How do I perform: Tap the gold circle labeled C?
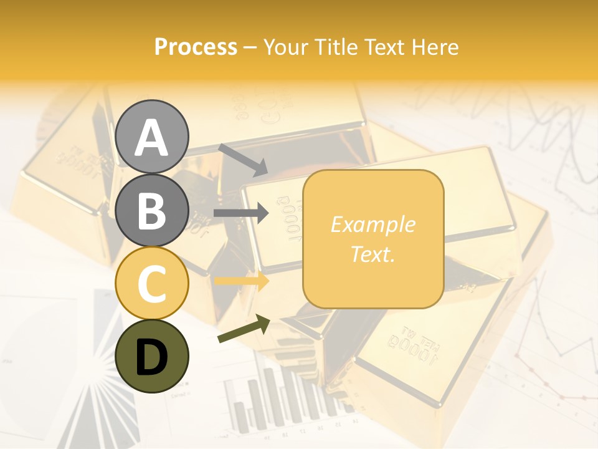pos(152,284)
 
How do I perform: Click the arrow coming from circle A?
pos(242,160)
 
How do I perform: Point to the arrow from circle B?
pos(241,213)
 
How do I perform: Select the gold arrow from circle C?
pos(241,281)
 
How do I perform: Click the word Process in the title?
pos(196,47)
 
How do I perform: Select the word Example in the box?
pos(373,224)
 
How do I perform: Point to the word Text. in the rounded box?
pos(373,254)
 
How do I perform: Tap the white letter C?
pos(152,284)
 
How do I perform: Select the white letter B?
pos(152,210)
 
